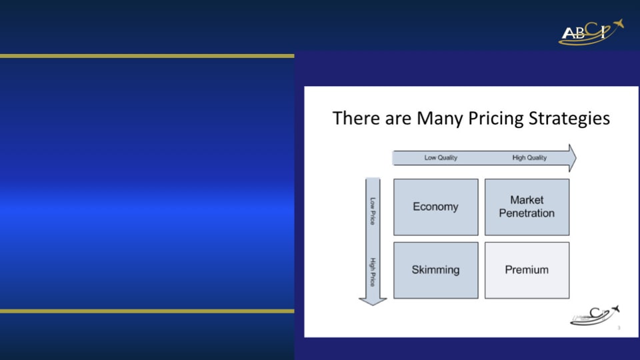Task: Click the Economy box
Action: point(436,207)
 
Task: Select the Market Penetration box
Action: point(527,207)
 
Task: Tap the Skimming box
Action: point(436,270)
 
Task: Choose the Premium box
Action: point(527,270)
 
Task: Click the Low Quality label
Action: point(441,157)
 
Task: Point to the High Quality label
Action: point(529,157)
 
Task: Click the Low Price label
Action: point(373,211)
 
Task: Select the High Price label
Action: point(373,272)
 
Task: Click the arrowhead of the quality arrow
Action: point(573,158)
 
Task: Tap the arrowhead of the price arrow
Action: point(373,301)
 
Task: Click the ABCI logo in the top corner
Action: point(591,32)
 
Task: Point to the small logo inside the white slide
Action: point(595,315)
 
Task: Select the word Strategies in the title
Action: point(569,119)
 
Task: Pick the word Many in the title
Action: point(440,119)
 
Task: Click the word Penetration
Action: point(527,213)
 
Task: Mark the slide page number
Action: point(619,328)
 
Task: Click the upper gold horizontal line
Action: point(147,56)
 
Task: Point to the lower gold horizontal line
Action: point(147,311)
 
